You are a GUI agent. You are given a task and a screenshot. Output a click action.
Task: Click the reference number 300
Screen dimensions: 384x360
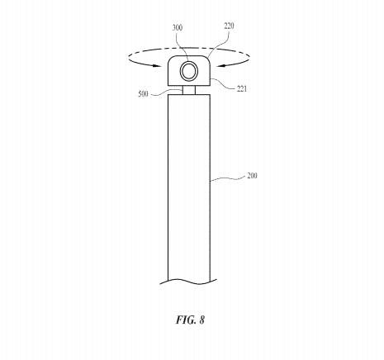(x=178, y=28)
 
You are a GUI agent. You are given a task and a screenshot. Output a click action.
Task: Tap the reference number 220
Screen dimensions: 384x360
(x=229, y=26)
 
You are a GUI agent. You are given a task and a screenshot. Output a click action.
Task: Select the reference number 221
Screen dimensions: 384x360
(x=242, y=88)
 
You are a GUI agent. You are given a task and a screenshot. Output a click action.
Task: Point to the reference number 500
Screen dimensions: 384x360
(x=143, y=94)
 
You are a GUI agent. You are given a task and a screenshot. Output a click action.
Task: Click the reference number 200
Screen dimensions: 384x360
(x=252, y=176)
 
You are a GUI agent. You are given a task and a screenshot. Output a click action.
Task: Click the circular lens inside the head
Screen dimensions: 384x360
(x=189, y=71)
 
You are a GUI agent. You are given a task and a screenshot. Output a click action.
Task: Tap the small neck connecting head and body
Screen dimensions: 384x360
(x=189, y=90)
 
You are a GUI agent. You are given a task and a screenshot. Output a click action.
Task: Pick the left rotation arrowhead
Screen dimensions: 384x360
(x=158, y=66)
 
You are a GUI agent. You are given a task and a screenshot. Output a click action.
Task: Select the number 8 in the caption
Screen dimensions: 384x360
(x=201, y=320)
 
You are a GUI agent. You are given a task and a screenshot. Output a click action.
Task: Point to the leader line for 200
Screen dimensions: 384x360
(x=228, y=178)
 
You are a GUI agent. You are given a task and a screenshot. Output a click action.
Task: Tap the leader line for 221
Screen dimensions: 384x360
(x=224, y=84)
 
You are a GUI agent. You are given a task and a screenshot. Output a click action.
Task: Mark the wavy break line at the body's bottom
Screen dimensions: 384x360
(x=188, y=282)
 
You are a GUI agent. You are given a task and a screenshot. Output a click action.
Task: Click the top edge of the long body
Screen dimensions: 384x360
(x=189, y=95)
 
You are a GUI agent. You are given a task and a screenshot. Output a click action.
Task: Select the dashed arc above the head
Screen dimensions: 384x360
(x=189, y=50)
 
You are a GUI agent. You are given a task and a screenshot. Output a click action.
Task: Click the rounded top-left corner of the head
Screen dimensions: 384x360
(x=170, y=59)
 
